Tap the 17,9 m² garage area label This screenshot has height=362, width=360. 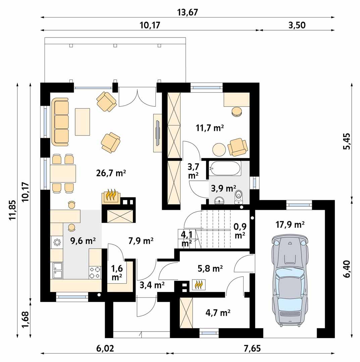pos(290,225)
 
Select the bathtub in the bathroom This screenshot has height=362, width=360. pos(225,168)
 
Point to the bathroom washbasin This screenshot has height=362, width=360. pos(220,200)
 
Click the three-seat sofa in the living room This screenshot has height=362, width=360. pos(61,122)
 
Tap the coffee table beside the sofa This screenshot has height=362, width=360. pos(83,122)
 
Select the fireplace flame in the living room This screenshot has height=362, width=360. pos(110,196)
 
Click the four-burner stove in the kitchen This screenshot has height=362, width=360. pos(95,272)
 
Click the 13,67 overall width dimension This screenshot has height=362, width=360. pos(188,12)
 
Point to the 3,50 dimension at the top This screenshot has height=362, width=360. pos(297,25)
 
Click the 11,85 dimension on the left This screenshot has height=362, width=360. pos(13,210)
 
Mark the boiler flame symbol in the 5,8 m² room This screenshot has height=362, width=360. pos(199,285)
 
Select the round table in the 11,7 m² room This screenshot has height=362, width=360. pos(219,149)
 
